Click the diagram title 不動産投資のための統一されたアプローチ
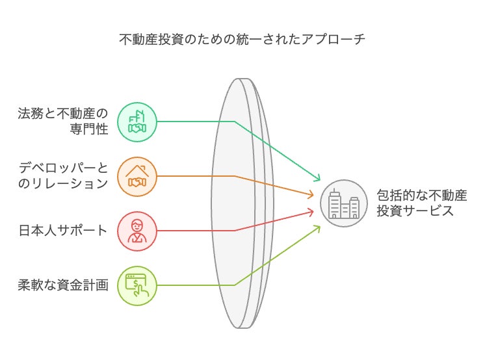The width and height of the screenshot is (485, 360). click(x=242, y=40)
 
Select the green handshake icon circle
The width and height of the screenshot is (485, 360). click(x=137, y=122)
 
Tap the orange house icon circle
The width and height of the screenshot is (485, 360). click(x=137, y=176)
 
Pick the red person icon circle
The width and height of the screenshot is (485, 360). click(x=137, y=231)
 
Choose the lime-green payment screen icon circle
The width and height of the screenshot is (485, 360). click(x=137, y=285)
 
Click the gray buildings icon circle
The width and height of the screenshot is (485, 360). click(x=343, y=203)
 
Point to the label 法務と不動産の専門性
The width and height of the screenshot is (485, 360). click(x=63, y=122)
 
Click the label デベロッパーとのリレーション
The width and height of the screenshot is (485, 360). click(x=63, y=176)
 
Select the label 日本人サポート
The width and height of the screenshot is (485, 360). click(x=63, y=231)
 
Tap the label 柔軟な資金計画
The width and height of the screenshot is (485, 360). click(x=63, y=285)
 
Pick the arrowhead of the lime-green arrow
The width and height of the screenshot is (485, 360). click(x=319, y=227)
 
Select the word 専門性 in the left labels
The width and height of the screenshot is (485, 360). click(x=88, y=129)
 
